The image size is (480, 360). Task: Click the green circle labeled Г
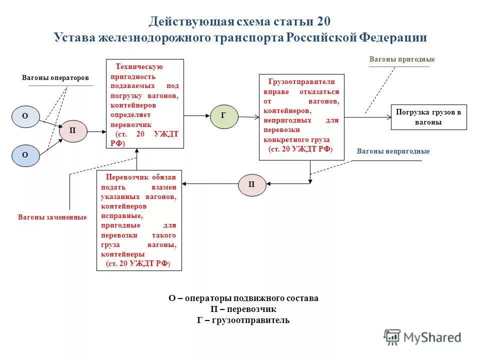pyautogui.click(x=224, y=116)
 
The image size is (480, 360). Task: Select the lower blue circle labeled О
pyautogui.click(x=25, y=155)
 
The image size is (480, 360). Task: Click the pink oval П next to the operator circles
pyautogui.click(x=73, y=131)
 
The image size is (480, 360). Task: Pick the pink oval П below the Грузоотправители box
pyautogui.click(x=251, y=184)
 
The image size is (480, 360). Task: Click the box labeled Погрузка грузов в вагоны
pyautogui.click(x=428, y=117)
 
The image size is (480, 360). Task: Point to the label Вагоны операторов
pyautogui.click(x=55, y=78)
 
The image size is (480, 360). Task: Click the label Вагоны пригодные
pyautogui.click(x=402, y=59)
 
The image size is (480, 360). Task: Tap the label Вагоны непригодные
pyautogui.click(x=393, y=151)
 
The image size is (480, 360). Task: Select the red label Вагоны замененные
pyautogui.click(x=52, y=217)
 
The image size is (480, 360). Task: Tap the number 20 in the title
pyautogui.click(x=324, y=22)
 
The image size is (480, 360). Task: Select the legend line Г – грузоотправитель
pyautogui.click(x=243, y=320)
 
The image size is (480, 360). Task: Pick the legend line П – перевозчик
pyautogui.click(x=243, y=309)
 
